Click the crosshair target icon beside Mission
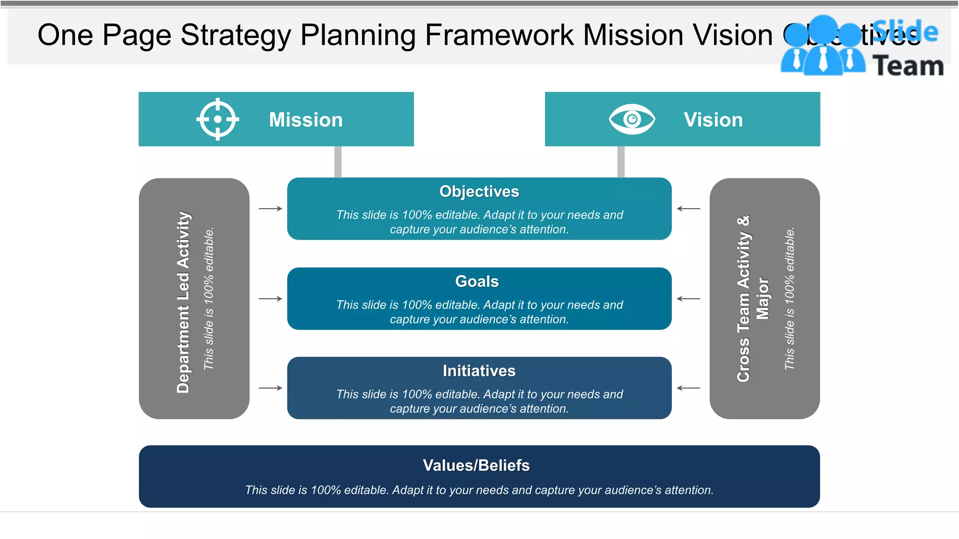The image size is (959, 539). pos(218,119)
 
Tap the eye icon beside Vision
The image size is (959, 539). pos(632,119)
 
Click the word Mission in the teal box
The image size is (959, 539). pos(306,120)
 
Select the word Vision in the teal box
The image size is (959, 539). pos(713,120)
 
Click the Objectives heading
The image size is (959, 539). pos(479,191)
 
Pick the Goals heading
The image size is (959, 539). pos(477,281)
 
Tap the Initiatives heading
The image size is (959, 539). pos(479,371)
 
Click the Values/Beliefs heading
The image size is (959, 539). pos(476,465)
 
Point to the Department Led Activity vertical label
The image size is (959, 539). pos(183,302)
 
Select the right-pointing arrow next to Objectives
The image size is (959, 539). pos(271,209)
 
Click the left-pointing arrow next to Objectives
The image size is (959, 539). pos(688,209)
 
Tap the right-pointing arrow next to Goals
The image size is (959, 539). pos(271,299)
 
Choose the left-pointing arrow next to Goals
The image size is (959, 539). pos(688,299)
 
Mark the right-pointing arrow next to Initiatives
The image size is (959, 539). pos(271,388)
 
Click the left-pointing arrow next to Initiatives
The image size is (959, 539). pos(688,388)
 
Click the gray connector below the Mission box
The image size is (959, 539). pos(338,162)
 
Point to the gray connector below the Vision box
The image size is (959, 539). pos(621,162)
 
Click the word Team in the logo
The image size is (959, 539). pos(908,66)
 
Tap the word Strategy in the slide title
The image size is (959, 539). pos(236,36)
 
